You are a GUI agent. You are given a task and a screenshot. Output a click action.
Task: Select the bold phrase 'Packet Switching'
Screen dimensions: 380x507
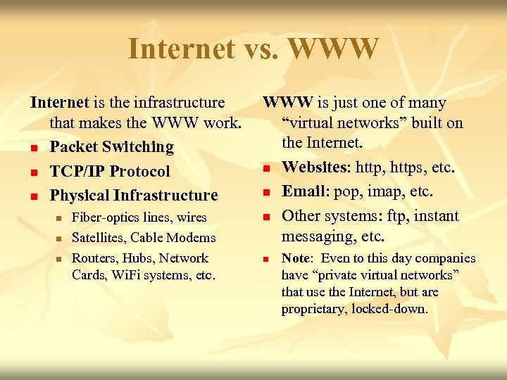pos(111,147)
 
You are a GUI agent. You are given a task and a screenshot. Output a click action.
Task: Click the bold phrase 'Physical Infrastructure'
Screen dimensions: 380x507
pos(134,195)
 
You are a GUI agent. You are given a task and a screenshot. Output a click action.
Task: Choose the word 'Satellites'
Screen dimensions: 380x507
pos(99,238)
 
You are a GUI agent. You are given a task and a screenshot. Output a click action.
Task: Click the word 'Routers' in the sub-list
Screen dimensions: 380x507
pos(94,258)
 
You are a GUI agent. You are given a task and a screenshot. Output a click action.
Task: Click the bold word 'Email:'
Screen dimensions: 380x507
pos(305,191)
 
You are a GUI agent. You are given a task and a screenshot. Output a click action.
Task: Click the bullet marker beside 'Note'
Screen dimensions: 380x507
pos(268,259)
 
